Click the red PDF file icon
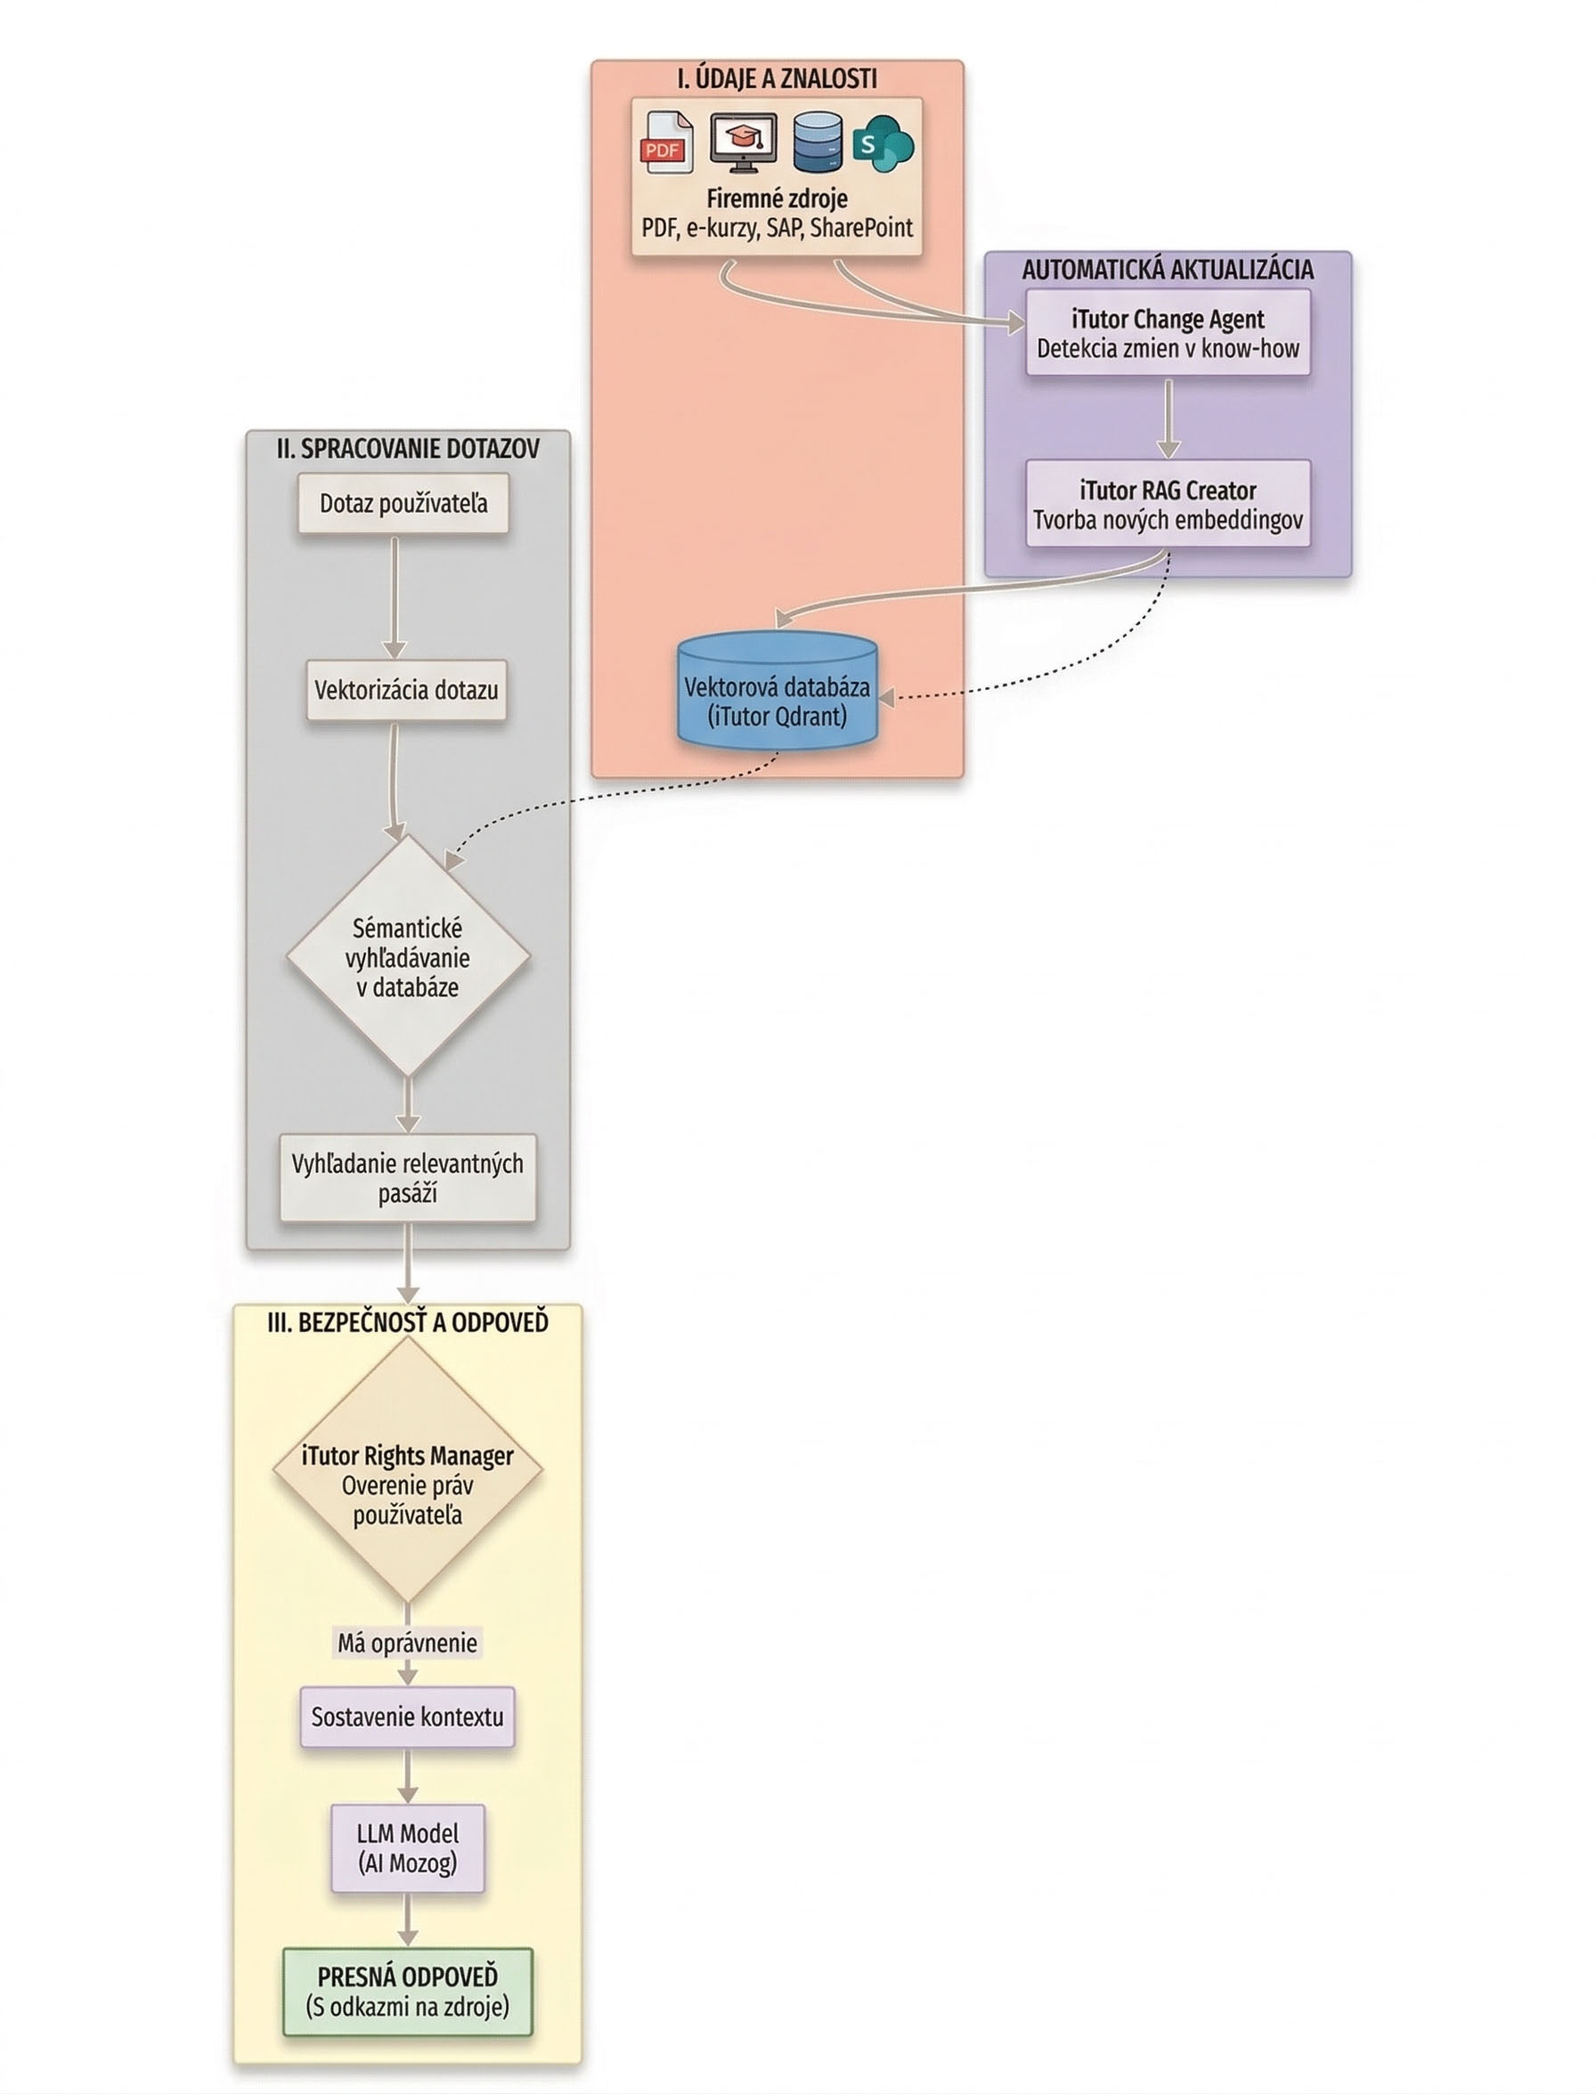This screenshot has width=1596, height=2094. [667, 142]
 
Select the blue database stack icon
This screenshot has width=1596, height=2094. [817, 142]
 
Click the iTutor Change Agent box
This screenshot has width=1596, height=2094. [1168, 332]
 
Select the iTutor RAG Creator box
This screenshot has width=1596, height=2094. [1168, 504]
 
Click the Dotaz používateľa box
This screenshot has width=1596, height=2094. [403, 503]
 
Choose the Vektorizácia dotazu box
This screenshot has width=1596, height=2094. [405, 689]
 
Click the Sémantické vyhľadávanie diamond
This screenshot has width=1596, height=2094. [408, 956]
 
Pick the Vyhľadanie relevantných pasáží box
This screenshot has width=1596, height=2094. [408, 1178]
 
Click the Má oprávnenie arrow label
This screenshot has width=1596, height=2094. [408, 1643]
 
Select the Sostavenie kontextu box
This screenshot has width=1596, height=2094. [408, 1717]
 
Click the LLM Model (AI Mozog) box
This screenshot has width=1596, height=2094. [408, 1848]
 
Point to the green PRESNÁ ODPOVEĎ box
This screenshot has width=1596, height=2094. [408, 1992]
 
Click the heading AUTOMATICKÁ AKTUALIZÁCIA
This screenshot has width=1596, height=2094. [1168, 270]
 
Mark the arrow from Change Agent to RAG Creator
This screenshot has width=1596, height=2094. [1168, 418]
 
